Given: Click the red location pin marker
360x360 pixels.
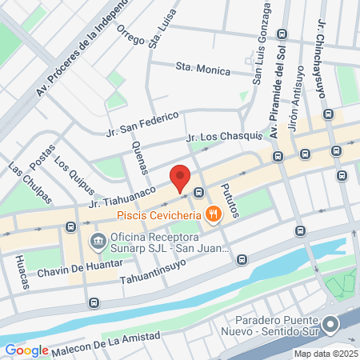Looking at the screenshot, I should [180, 178].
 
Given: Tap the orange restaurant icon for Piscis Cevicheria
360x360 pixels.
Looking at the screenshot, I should [212, 214].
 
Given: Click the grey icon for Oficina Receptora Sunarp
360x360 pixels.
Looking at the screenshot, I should [98, 239].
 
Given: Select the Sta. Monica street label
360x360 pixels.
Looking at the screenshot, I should [197, 69].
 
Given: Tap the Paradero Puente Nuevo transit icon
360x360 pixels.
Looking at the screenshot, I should [331, 324].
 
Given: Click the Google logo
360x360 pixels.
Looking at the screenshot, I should [26, 350].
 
